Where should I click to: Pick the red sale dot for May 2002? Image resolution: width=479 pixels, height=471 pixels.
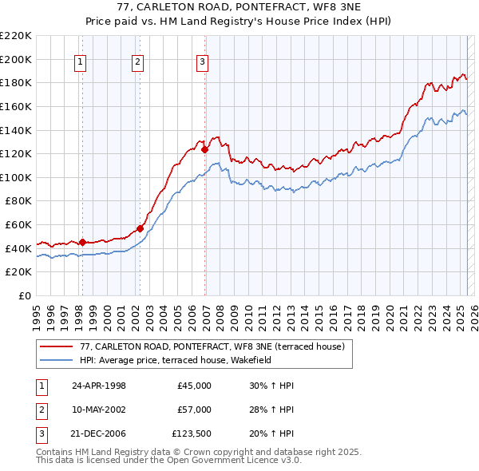click(x=140, y=228)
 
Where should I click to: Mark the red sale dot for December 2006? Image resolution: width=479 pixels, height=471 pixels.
click(x=205, y=149)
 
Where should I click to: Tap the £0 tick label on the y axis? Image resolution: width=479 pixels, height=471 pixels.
click(x=24, y=295)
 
